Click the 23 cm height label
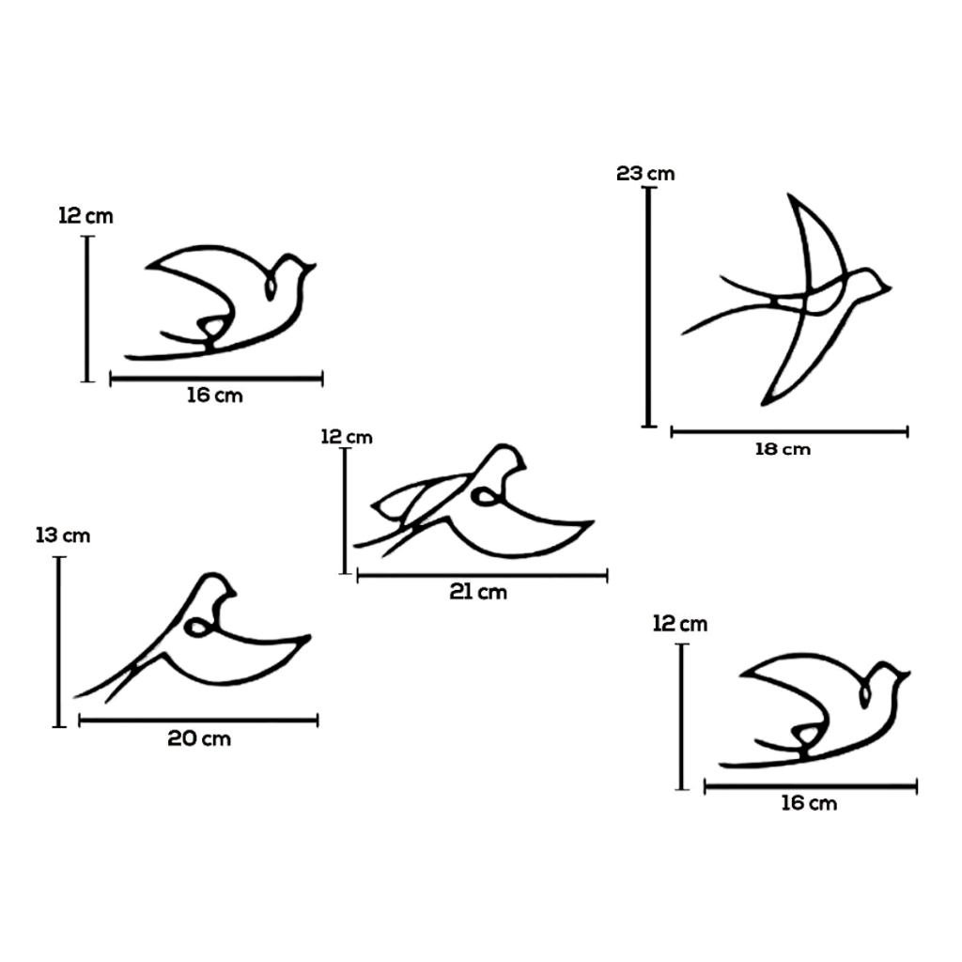645,174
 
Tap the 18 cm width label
783,449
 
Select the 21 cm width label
478,592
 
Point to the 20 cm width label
199,738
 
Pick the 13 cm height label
63,535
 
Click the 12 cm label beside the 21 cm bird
347,437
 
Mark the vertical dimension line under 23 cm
649,307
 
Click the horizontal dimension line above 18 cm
789,432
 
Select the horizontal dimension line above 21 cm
482,576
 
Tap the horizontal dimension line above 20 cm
199,721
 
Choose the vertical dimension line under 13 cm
59,642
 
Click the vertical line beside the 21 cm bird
346,511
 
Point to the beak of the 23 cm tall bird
888,287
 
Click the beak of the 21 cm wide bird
523,467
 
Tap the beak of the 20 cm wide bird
233,594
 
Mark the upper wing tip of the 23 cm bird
790,196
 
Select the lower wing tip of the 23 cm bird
764,402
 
